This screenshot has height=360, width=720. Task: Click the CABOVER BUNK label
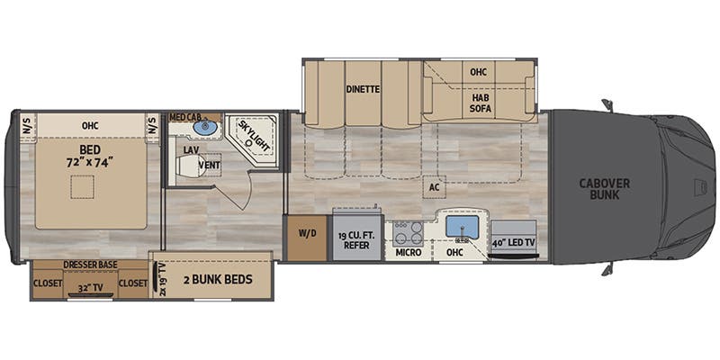pos(604,188)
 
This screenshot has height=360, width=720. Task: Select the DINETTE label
pos(363,89)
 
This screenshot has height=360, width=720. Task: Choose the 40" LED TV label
pos(514,242)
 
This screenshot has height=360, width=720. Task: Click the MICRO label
pos(409,253)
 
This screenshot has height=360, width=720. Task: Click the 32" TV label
pos(88,289)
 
